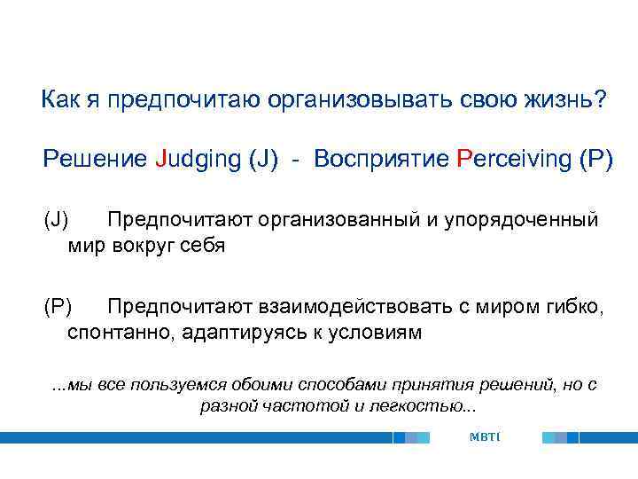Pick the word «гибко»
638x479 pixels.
579,308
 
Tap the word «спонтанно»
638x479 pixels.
112,334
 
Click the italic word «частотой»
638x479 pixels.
285,406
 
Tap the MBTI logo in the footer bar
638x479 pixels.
486,437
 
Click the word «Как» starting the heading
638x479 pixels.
58,99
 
